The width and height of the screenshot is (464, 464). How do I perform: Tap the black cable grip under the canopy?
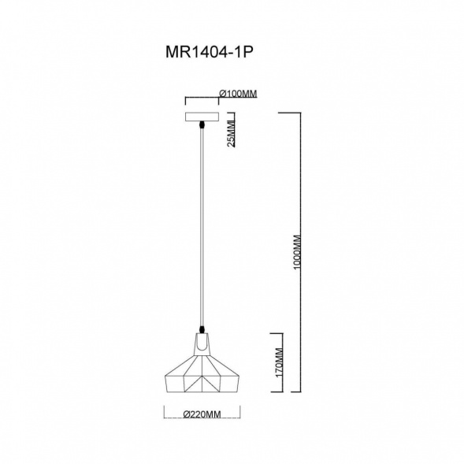point(202,126)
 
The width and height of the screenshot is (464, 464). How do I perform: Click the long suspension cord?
point(202,228)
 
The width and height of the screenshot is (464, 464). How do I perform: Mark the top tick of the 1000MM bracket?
point(291,113)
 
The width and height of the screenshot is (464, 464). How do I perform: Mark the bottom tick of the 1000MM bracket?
point(291,392)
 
